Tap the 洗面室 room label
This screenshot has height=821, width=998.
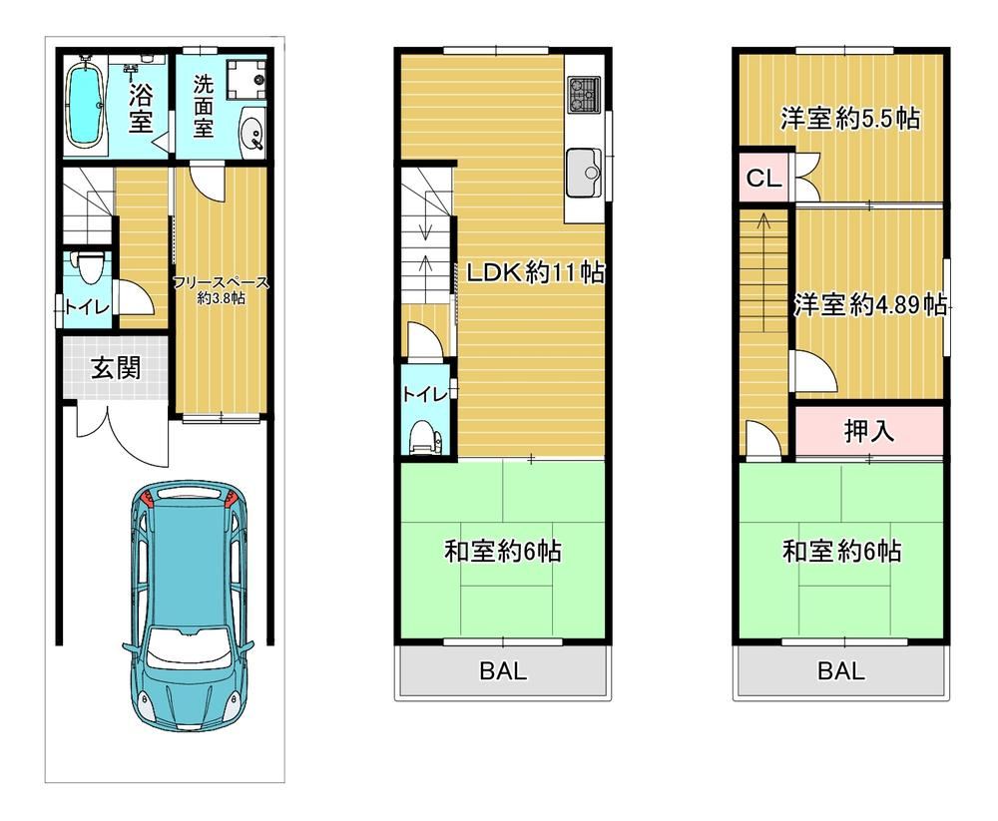(203, 106)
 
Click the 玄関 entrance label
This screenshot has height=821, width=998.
(115, 368)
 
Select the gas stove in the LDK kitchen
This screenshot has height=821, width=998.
(584, 95)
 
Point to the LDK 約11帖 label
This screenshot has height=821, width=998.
(535, 272)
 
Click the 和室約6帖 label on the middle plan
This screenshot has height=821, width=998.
(502, 551)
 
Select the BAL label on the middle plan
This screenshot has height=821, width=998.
(503, 670)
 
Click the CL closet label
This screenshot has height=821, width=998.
(763, 179)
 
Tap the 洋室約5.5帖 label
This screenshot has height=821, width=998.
(850, 119)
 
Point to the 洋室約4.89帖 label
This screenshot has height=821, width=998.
(870, 305)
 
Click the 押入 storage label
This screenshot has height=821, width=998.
(869, 432)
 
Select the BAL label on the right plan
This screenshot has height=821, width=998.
(840, 670)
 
